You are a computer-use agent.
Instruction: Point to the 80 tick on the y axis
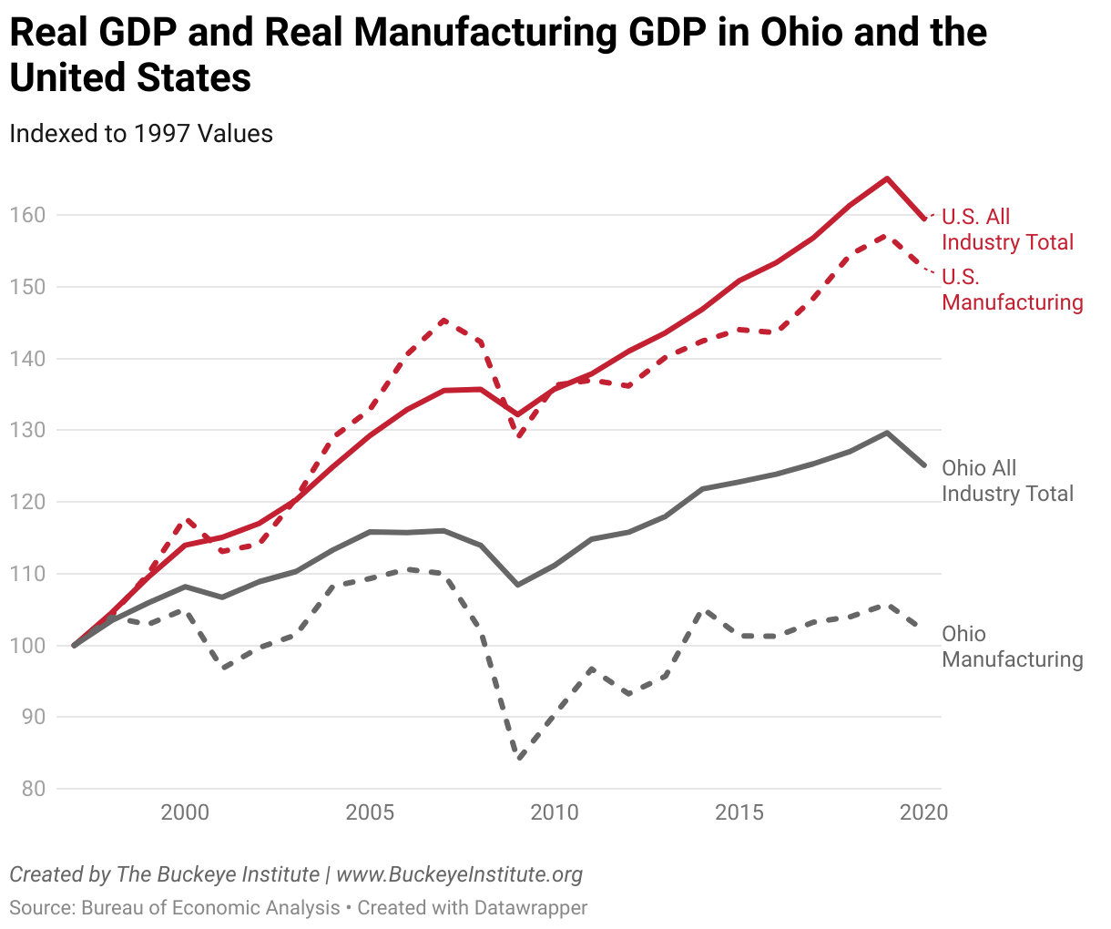click(33, 789)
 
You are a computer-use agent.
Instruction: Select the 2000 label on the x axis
click(185, 812)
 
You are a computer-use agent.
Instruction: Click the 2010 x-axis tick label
click(555, 812)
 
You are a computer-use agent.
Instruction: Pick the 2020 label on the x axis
click(923, 812)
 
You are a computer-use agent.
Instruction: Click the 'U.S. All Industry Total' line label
click(1007, 230)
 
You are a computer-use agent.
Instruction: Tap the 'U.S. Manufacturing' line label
click(1012, 290)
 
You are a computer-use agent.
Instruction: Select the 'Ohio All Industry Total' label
click(1007, 481)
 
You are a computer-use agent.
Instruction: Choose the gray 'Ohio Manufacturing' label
click(1012, 647)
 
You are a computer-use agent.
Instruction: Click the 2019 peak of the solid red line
click(887, 179)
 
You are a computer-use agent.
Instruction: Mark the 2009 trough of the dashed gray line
click(518, 758)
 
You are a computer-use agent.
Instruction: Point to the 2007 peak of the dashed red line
click(443, 320)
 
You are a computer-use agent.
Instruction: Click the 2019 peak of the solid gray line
click(887, 433)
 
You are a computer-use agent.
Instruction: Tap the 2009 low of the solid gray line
click(518, 584)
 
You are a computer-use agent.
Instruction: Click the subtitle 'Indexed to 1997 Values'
click(141, 134)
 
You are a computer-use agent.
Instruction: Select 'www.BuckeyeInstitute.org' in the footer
click(459, 875)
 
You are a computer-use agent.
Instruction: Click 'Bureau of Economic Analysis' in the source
click(210, 908)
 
